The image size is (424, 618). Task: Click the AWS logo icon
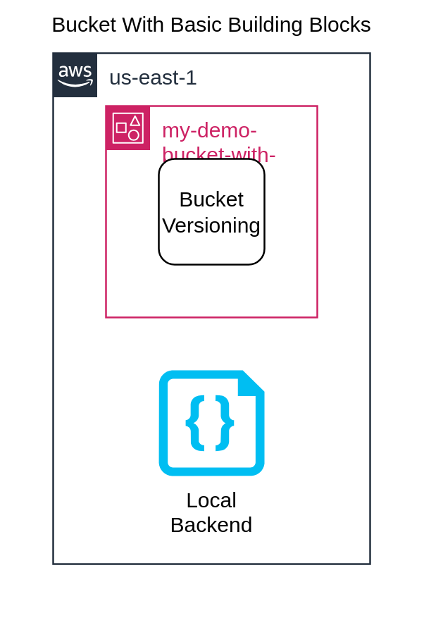[x=75, y=75]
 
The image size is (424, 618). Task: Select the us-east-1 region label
[x=153, y=78]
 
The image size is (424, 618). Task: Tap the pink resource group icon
[x=127, y=128]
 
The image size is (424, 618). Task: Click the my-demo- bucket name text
[x=209, y=130]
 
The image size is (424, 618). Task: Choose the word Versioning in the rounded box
[x=211, y=225]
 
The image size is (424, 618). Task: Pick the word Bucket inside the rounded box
[x=211, y=199]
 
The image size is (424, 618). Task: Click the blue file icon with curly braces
[x=211, y=423]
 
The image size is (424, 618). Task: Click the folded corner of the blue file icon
[x=249, y=384]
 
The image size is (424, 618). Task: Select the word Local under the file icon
[x=211, y=500]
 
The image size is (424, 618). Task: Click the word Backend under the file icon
[x=211, y=525]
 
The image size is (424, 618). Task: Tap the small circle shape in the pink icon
[x=134, y=135]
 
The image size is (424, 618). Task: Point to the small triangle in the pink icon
[x=135, y=120]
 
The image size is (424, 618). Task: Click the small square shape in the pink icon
[x=121, y=128]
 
